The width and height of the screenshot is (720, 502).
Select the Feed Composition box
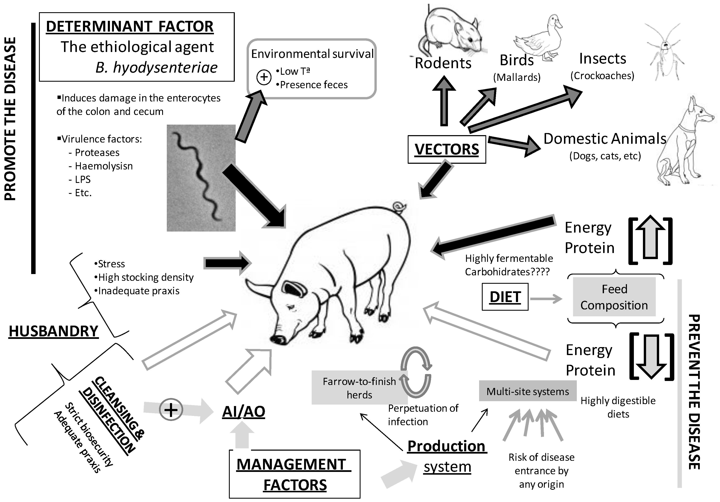tap(614, 297)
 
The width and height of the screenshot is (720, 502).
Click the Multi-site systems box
tap(528, 391)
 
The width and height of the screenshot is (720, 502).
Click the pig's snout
tap(278, 339)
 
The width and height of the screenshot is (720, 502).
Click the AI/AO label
tap(244, 411)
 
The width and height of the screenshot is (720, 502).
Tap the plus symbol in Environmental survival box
tap(264, 77)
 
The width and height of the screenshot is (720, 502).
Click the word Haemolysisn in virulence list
tap(104, 166)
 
